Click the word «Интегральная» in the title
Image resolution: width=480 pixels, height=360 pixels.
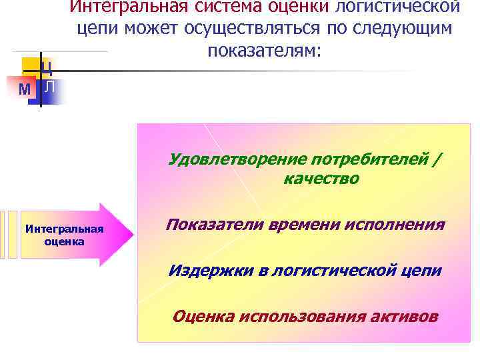point(125,6)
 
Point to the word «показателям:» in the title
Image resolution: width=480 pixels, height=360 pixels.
point(264,51)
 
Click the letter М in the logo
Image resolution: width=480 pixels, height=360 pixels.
point(25,89)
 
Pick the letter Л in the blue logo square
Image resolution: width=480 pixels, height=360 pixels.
point(51,87)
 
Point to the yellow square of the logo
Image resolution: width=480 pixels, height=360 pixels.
point(31,65)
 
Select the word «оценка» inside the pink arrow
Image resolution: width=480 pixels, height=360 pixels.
point(64,241)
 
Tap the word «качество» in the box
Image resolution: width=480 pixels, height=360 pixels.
point(321,179)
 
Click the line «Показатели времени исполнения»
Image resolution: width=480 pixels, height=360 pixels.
point(305,225)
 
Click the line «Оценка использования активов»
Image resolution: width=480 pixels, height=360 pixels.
point(305,316)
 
